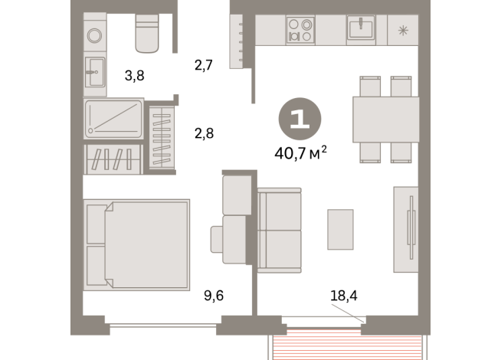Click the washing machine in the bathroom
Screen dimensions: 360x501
pyautogui.click(x=95, y=34)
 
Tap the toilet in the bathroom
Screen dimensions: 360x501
pyautogui.click(x=147, y=32)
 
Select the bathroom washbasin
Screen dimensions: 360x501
pyautogui.click(x=95, y=75)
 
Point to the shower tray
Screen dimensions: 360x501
pyautogui.click(x=113, y=119)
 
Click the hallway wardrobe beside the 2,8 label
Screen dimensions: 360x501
pyautogui.click(x=162, y=136)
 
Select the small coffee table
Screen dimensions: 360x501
pyautogui.click(x=340, y=229)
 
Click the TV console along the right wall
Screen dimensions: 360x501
pyautogui.click(x=406, y=229)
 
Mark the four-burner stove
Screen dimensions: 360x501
pyautogui.click(x=300, y=30)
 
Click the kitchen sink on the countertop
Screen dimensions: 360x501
pyautogui.click(x=360, y=29)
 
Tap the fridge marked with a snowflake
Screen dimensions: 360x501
pyautogui.click(x=402, y=30)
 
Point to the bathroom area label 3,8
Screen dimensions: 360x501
pyautogui.click(x=135, y=75)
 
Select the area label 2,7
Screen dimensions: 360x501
pyautogui.click(x=203, y=65)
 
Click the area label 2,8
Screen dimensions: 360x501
pyautogui.click(x=203, y=133)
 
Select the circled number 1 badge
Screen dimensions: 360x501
pyautogui.click(x=300, y=119)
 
